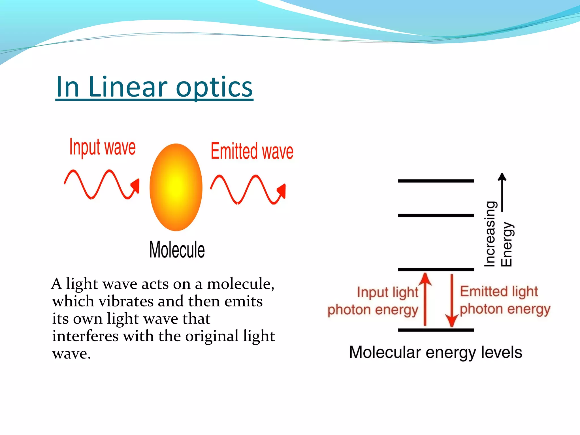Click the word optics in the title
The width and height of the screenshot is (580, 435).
click(214, 87)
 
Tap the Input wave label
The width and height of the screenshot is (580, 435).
click(103, 148)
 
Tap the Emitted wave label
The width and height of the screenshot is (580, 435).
click(252, 151)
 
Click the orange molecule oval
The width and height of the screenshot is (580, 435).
click(176, 187)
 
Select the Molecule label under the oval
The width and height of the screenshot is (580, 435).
click(177, 250)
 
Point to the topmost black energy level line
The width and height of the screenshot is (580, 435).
click(436, 181)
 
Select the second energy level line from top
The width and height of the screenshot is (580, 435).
click(436, 216)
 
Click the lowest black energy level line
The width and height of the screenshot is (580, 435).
click(436, 330)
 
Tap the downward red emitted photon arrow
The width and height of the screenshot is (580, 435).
click(452, 300)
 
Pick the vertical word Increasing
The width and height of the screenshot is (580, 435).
click(490, 234)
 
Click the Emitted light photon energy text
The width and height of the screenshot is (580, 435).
click(504, 300)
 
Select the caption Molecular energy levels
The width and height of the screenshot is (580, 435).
click(436, 352)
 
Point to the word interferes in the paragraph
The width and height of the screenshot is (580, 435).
click(85, 336)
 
